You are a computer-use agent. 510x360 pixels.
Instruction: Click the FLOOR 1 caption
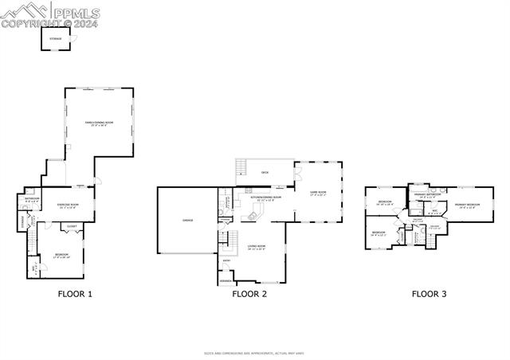tap(75, 294)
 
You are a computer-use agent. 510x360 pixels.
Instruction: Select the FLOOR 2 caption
tap(249, 294)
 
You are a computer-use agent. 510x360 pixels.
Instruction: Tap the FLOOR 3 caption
tap(429, 294)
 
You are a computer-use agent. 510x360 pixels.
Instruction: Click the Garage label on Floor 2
tap(187, 221)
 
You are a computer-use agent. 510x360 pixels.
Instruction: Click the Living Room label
tap(256, 247)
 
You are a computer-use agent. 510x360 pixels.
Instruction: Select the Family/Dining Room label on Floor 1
tap(100, 122)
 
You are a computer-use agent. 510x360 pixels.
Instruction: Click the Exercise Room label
tap(66, 205)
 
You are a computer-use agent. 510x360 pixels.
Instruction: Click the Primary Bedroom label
tap(468, 205)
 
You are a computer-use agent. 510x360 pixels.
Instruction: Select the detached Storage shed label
tap(56, 38)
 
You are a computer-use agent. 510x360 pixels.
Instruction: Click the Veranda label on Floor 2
tap(226, 280)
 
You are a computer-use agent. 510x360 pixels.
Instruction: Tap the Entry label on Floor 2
tap(227, 260)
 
